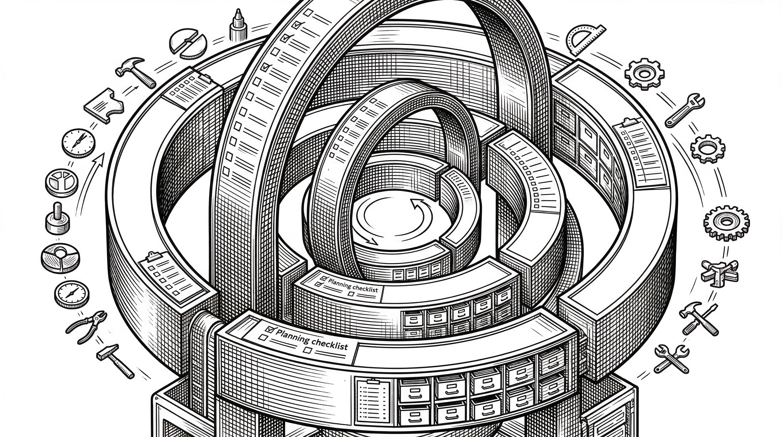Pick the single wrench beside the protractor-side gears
click(685, 110)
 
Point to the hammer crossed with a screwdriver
click(698, 318)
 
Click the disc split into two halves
click(188, 44)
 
